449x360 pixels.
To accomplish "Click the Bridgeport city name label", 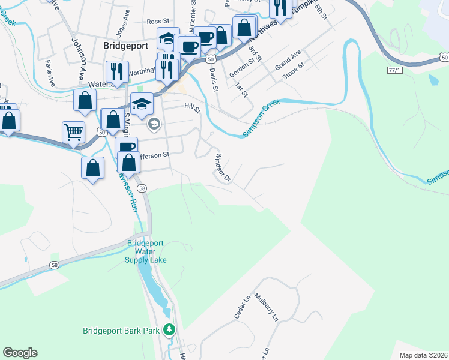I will (x=125, y=45).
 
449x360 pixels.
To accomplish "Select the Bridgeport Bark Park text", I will (x=122, y=331).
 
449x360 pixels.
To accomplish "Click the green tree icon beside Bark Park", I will (x=170, y=329).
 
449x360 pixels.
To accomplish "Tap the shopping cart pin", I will (x=73, y=131).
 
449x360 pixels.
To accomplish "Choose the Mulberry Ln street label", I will (x=267, y=305).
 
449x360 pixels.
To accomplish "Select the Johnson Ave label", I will (x=79, y=59).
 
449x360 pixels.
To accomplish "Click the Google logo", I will (x=20, y=353).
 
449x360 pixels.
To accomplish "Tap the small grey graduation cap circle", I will (x=154, y=124).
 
